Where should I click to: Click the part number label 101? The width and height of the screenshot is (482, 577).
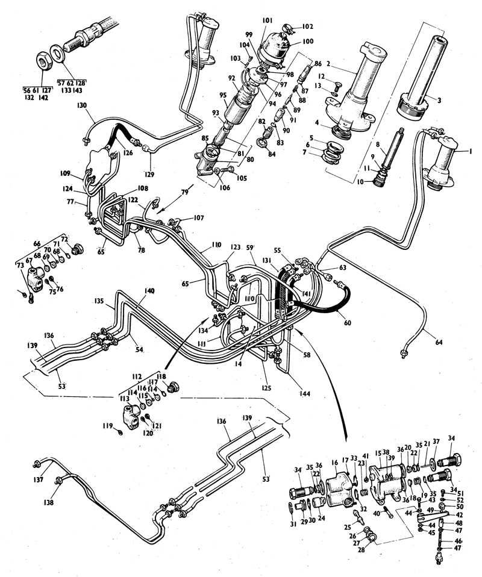[x=268, y=20]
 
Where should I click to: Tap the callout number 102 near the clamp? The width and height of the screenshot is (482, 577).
[x=308, y=27]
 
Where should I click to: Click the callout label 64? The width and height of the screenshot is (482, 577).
[x=439, y=343]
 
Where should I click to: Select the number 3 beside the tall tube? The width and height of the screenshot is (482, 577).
[x=442, y=100]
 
